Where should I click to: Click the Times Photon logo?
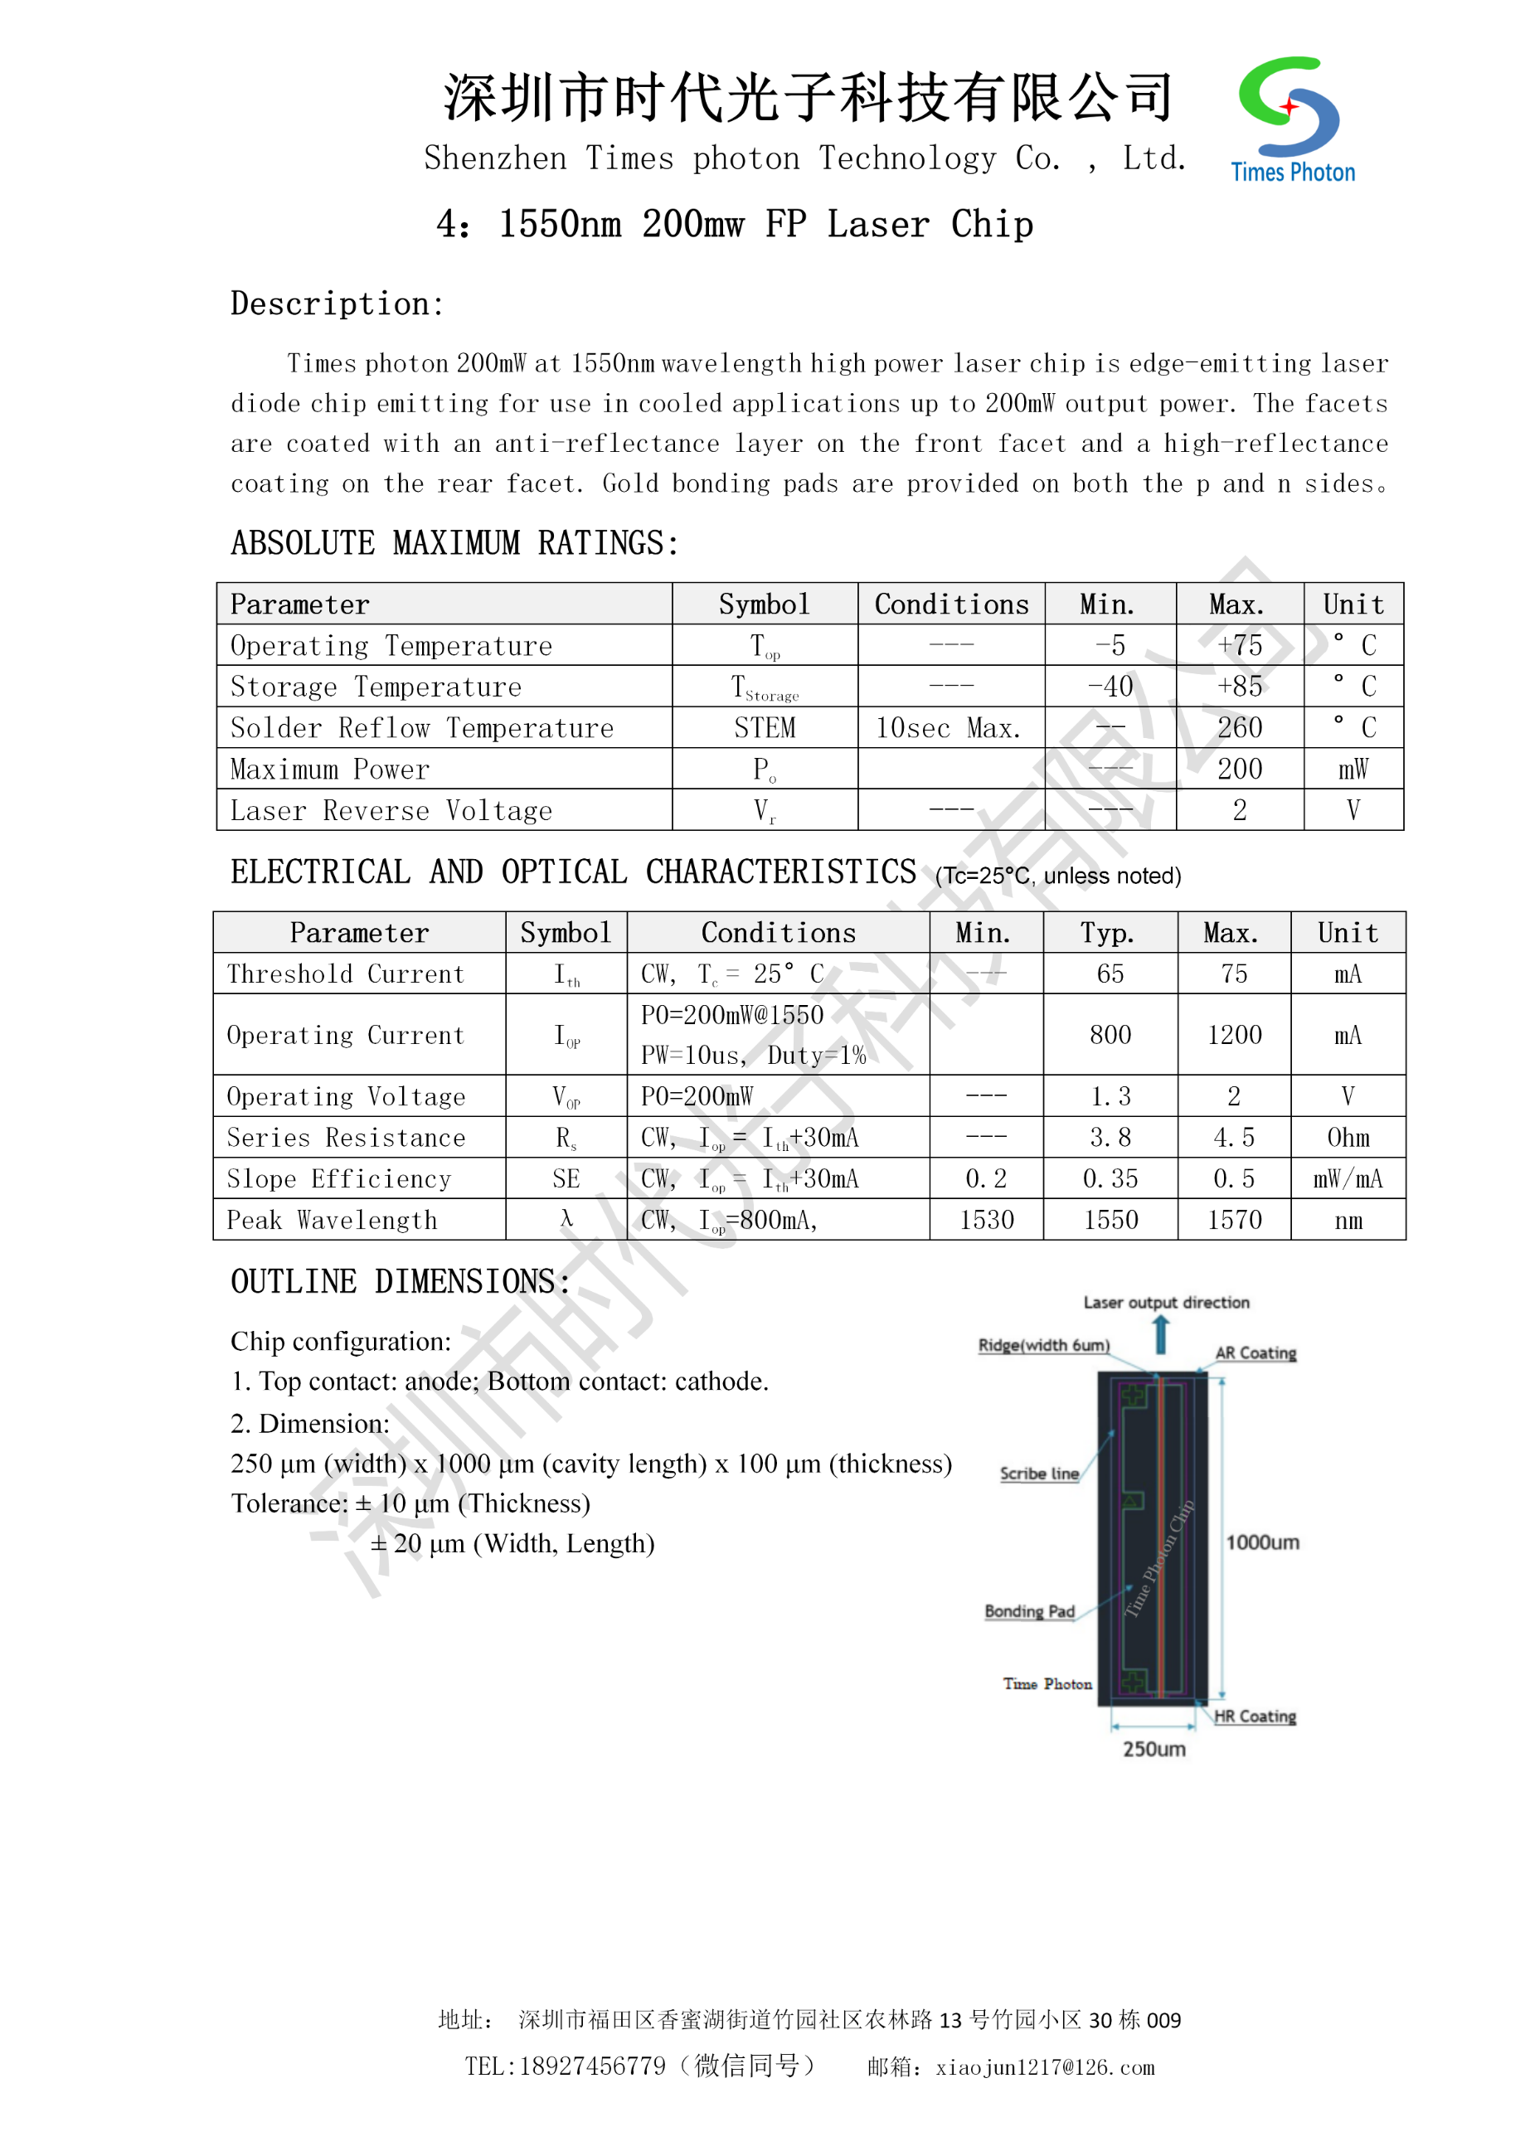click(1292, 119)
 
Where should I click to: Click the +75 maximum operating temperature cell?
click(1240, 645)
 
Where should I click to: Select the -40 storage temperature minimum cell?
click(1110, 687)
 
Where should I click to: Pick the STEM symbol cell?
click(765, 728)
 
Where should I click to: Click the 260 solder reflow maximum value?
click(1240, 728)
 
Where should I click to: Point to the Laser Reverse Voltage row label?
click(391, 810)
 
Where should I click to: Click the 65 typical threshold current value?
click(1110, 974)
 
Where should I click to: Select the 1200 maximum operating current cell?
click(1234, 1035)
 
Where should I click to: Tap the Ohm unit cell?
click(1348, 1138)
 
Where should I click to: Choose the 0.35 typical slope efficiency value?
click(1110, 1178)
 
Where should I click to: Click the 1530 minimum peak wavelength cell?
click(986, 1220)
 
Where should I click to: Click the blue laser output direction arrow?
click(1162, 1334)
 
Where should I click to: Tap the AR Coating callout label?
click(1255, 1353)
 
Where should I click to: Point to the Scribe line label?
click(1038, 1474)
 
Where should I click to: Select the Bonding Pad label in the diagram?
click(1029, 1611)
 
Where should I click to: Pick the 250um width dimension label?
click(1154, 1749)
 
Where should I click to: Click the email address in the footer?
click(1045, 2066)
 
